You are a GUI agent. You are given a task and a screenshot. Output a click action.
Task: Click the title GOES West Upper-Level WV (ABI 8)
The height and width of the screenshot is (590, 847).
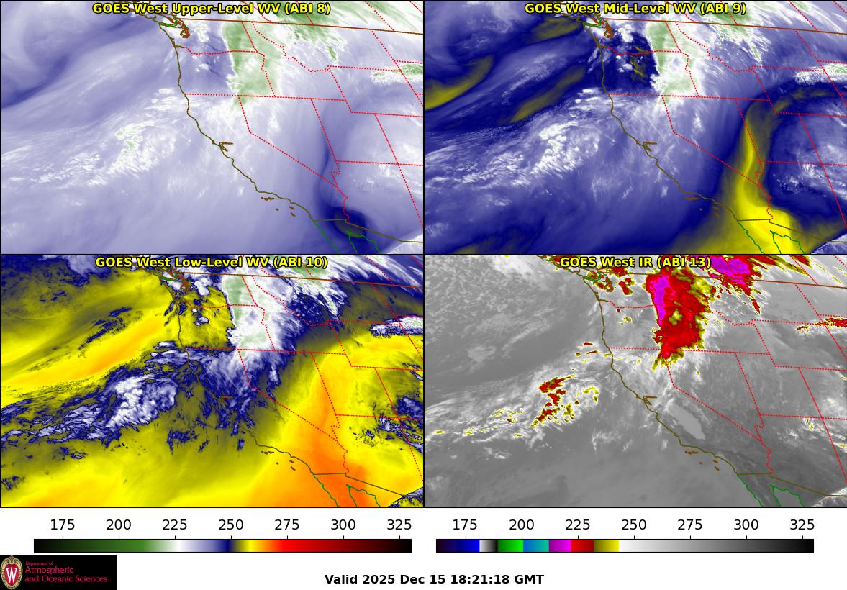point(212,8)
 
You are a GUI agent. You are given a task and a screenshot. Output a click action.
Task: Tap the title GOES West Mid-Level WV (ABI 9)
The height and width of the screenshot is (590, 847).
point(635,8)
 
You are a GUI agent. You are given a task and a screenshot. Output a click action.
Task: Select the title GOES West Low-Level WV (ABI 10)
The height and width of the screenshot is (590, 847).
point(212,262)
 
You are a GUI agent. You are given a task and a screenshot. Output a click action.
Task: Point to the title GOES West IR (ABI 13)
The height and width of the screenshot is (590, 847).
point(635,262)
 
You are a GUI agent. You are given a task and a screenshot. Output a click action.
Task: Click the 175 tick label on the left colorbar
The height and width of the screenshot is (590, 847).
point(63,525)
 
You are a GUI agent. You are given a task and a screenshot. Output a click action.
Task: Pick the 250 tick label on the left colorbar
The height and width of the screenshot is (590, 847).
point(231,525)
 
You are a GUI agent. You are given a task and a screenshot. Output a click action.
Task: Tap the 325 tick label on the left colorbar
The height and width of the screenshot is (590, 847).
point(399,525)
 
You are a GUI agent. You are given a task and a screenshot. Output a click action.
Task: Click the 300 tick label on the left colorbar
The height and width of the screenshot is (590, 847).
point(343,525)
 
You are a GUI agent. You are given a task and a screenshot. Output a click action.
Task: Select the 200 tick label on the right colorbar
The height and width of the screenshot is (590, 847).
point(521,525)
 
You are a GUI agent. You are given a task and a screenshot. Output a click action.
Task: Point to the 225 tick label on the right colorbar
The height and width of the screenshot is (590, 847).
point(577,525)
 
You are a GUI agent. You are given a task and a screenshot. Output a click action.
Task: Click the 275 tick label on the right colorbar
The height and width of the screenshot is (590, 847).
point(689,525)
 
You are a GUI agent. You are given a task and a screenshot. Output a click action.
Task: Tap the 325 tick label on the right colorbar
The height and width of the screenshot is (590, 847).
point(802,525)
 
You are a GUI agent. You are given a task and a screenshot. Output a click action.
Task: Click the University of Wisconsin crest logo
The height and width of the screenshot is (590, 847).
point(12,573)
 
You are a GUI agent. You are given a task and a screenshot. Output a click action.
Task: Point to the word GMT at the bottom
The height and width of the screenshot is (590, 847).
point(530,579)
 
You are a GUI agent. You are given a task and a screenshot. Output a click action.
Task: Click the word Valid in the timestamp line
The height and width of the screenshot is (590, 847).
point(340,579)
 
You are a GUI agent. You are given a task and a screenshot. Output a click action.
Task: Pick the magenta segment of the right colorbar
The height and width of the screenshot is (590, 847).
point(560,545)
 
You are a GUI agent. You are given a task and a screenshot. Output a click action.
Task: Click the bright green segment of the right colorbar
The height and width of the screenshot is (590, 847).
point(509,545)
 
